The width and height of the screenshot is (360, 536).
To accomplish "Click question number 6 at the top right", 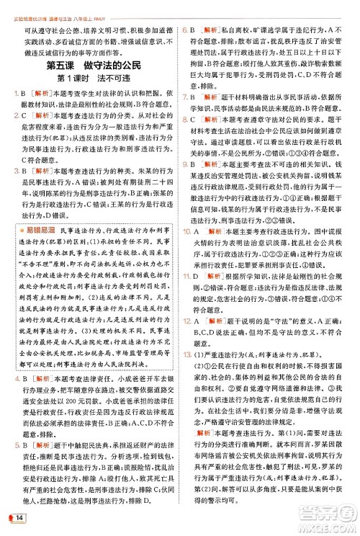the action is (185, 30).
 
